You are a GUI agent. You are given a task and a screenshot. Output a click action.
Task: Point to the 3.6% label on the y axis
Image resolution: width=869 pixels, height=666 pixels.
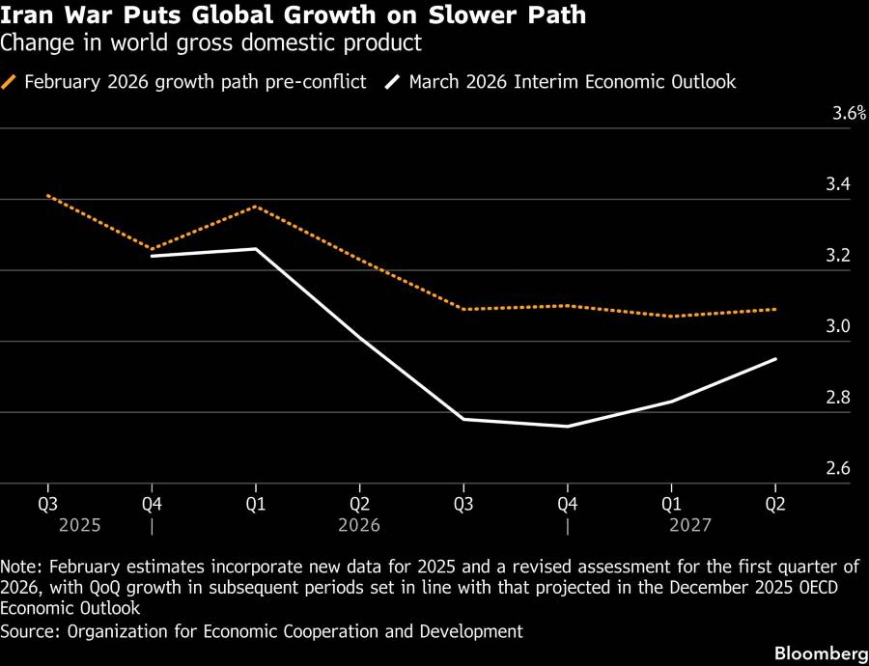(849, 114)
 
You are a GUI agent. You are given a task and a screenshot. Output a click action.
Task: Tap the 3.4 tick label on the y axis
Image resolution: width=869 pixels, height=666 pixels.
(837, 184)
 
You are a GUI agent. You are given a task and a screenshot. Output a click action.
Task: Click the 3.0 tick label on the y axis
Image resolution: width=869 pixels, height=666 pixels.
(837, 326)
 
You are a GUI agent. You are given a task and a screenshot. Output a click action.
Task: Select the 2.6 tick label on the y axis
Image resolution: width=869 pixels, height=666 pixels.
(837, 469)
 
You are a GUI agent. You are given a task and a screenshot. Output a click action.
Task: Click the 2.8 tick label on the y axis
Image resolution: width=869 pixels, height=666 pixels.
(837, 398)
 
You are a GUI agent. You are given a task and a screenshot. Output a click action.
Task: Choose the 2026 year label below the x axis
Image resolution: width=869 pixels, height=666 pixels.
(359, 526)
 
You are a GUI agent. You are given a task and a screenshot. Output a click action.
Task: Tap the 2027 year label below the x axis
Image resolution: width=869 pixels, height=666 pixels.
(690, 526)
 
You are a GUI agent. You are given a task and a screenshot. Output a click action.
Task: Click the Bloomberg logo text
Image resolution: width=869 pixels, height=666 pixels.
(817, 653)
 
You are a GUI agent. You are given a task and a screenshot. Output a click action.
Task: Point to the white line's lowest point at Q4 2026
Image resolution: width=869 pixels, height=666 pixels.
(568, 427)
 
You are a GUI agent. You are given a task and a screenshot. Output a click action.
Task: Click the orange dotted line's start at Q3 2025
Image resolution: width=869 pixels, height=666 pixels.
(47, 196)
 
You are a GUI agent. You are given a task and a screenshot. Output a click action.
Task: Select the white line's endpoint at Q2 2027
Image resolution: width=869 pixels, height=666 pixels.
(775, 359)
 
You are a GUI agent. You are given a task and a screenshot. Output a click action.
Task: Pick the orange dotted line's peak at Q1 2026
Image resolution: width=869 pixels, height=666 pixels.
(256, 207)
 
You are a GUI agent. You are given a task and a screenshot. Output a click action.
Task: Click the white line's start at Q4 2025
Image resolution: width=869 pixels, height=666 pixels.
(152, 256)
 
